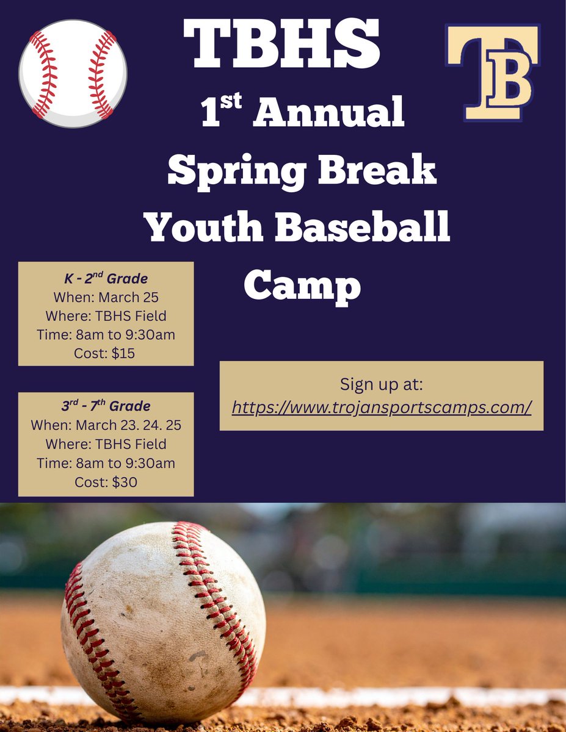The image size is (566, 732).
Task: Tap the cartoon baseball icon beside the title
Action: coord(73,74)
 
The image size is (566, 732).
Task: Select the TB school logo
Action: coord(493,72)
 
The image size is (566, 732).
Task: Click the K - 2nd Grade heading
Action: coord(106,279)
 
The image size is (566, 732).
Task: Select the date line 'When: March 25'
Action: coord(106,297)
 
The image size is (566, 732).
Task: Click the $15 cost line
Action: coord(106,353)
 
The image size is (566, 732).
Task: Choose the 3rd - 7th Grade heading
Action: coord(106,406)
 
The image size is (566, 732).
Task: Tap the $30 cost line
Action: coord(106,482)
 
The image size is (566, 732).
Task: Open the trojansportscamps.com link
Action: coord(382,406)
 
